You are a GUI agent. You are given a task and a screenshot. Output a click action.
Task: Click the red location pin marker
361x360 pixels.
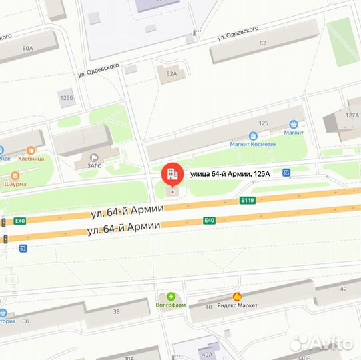172,175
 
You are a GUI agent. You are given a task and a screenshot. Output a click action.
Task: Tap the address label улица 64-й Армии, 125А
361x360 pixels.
231,174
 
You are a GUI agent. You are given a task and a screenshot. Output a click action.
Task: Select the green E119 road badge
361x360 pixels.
248,199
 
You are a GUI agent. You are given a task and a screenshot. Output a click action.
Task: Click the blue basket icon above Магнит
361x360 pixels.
293,123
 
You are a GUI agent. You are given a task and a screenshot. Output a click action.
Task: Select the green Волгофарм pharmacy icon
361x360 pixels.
171,296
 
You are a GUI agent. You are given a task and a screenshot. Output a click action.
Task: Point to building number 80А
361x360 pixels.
27,48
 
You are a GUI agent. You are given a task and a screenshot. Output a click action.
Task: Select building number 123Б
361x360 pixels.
66,98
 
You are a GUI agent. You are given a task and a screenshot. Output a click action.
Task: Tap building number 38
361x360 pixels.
116,311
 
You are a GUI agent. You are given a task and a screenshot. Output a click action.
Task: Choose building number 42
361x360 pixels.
344,289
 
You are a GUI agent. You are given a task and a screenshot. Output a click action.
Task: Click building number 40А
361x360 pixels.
207,354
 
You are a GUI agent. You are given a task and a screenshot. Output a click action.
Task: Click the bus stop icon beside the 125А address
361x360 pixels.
286,173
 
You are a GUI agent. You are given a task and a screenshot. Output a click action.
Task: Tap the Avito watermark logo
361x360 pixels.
321,343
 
